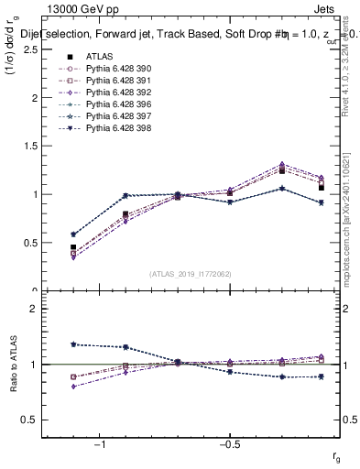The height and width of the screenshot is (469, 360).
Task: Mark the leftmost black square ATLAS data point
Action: [x=73, y=247]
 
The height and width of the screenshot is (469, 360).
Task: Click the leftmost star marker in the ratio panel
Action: [x=73, y=344]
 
